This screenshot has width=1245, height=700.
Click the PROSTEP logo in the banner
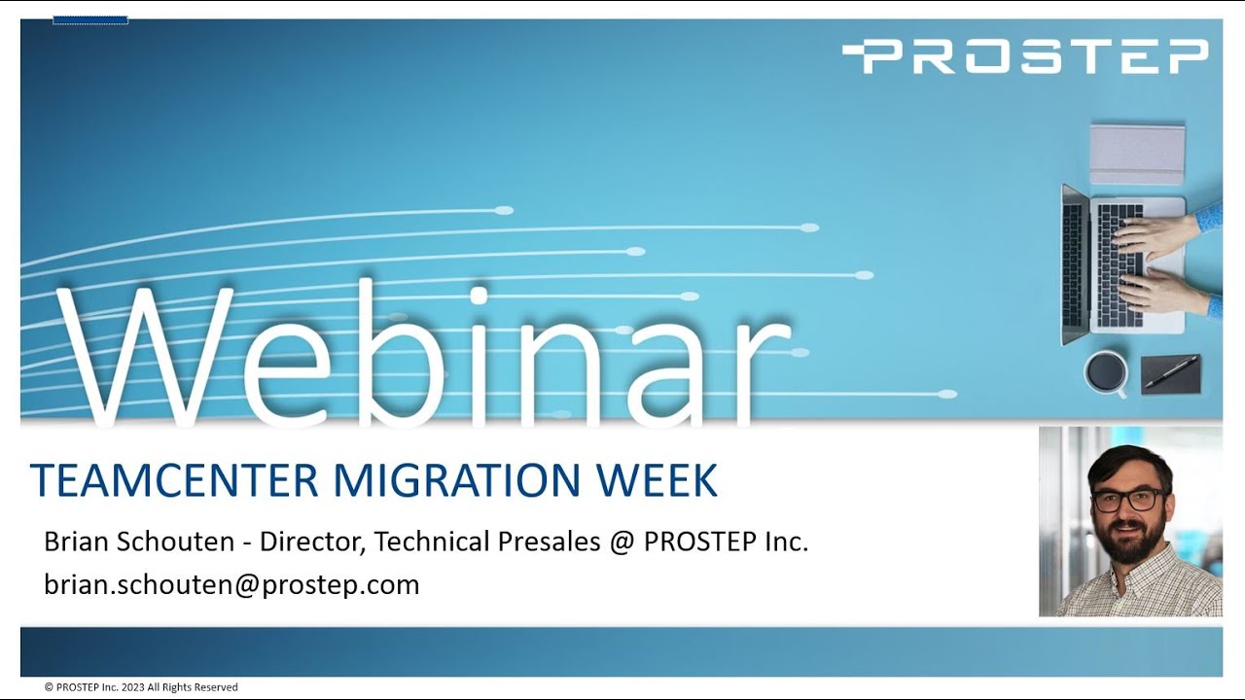1025,56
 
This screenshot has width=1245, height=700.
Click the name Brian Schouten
139,542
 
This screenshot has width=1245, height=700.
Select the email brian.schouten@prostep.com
231,584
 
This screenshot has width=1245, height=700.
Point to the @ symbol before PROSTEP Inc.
622,542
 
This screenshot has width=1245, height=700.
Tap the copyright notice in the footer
141,687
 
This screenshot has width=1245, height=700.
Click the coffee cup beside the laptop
1106,371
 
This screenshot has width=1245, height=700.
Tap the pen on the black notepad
1171,372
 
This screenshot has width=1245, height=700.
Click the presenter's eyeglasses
1128,501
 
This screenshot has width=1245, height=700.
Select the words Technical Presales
487,542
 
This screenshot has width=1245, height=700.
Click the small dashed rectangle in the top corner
90,19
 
